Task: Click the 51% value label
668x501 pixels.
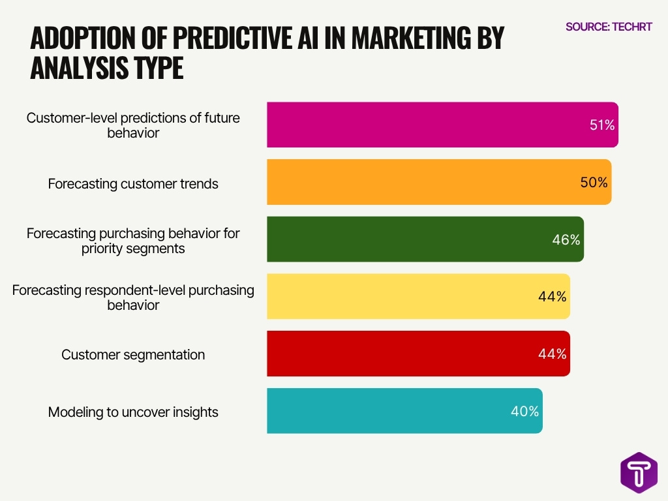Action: pyautogui.click(x=601, y=125)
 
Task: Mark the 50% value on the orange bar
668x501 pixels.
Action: pyautogui.click(x=594, y=183)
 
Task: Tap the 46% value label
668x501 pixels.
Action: pyautogui.click(x=566, y=240)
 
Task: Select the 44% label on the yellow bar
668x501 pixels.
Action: pyautogui.click(x=553, y=297)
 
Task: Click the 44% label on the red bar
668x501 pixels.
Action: pyautogui.click(x=553, y=354)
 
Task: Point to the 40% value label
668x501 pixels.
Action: pyautogui.click(x=524, y=412)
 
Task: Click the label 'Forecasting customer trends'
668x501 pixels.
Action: pyautogui.click(x=133, y=184)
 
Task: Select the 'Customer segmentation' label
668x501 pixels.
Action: pyautogui.click(x=133, y=355)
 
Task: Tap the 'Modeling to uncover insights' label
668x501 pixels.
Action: pyautogui.click(x=133, y=412)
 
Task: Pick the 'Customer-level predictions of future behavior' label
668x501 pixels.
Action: pyautogui.click(x=133, y=125)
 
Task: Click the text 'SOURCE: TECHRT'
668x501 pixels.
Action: pyautogui.click(x=609, y=27)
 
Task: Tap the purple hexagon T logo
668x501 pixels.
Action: pyautogui.click(x=639, y=472)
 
